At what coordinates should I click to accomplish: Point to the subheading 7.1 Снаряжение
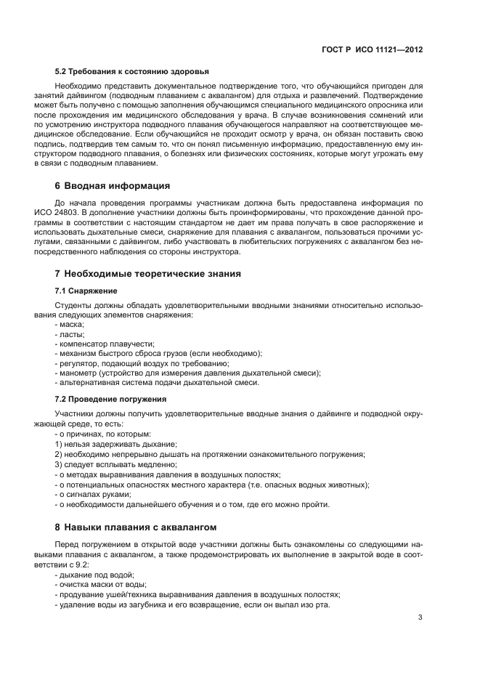point(86,291)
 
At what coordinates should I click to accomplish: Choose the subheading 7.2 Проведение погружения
point(111,399)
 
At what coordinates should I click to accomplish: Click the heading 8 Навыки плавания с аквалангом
point(136,526)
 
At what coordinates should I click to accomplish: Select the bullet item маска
point(70,324)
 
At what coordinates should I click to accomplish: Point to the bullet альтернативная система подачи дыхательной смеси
point(157,382)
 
